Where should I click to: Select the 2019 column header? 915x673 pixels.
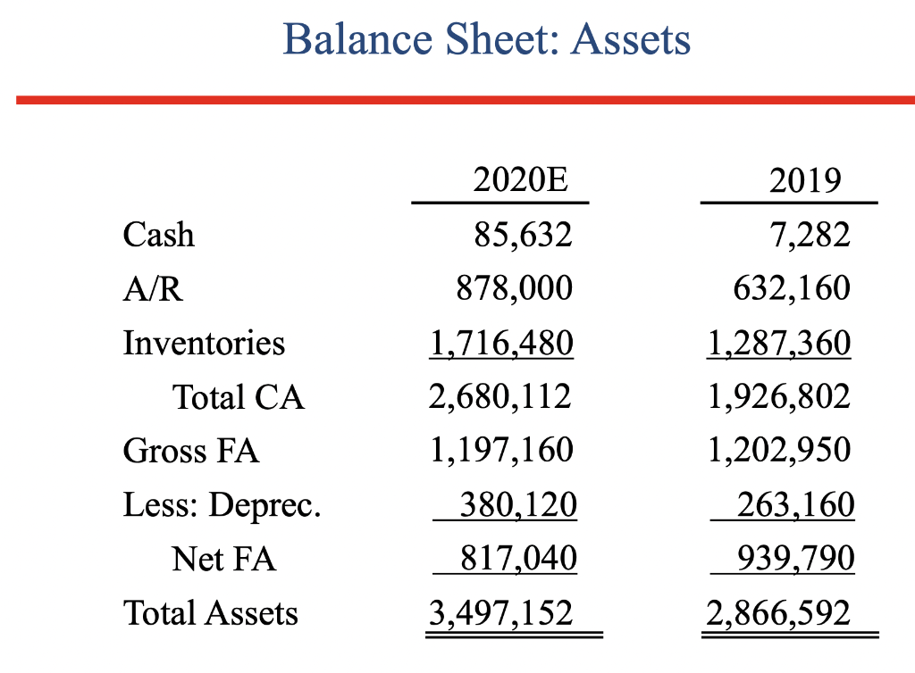tap(805, 181)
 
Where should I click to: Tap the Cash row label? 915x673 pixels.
tap(158, 235)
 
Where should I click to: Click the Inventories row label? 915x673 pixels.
tap(204, 343)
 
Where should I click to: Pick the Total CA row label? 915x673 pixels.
tap(238, 397)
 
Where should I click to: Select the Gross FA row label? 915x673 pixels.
tap(191, 451)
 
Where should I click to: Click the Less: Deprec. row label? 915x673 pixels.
tap(222, 505)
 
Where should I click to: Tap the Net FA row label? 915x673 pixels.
tap(223, 559)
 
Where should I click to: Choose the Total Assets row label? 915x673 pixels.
tap(211, 613)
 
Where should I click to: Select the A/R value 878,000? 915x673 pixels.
tap(514, 288)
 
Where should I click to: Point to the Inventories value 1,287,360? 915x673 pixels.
tap(778, 343)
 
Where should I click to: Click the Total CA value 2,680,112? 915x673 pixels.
tap(500, 397)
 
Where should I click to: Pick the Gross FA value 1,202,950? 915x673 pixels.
tap(778, 451)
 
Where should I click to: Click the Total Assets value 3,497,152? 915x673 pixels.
tap(500, 613)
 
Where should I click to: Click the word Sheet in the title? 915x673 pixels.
tap(491, 39)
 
